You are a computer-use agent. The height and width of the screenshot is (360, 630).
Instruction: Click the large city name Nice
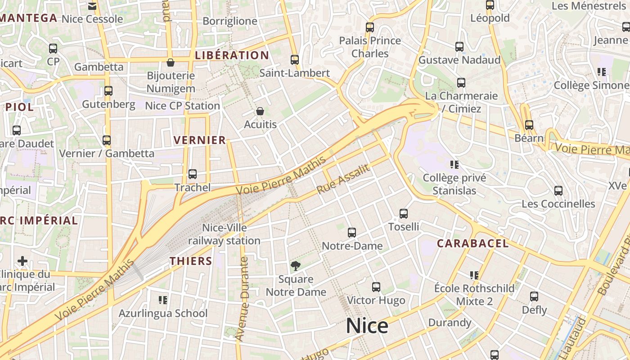point(367,326)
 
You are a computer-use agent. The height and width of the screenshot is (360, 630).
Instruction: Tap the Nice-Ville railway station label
point(224,234)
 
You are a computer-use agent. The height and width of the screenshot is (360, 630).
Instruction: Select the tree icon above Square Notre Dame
point(295,266)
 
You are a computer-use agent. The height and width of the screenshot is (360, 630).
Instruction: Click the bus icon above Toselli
point(404,213)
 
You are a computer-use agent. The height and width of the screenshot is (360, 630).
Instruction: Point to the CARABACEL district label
point(473,243)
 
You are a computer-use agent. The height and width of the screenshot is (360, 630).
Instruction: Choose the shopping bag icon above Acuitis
point(260,111)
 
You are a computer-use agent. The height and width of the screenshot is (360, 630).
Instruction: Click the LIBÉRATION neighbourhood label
point(232,55)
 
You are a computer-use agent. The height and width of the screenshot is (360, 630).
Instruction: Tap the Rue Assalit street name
point(343,179)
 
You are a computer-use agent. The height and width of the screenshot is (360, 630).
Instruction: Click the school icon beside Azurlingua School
point(163,300)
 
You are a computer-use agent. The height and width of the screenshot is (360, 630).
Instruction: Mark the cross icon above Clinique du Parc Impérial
point(22,261)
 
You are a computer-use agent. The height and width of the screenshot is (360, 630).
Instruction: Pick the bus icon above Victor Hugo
point(376,287)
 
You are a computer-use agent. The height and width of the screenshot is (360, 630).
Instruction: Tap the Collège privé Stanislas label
point(454,184)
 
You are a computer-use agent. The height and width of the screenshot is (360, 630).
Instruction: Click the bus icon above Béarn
point(529,125)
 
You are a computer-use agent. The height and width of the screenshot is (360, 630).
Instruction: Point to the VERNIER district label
point(200,140)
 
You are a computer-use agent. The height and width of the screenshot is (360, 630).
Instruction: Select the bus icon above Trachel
point(193,174)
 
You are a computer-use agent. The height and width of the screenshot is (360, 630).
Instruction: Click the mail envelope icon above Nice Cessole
point(92,6)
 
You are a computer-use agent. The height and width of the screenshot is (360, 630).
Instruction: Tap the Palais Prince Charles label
point(370,47)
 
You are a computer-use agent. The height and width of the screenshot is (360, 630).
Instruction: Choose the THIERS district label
point(191,261)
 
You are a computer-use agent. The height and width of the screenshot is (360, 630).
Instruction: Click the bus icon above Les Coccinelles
point(558,190)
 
